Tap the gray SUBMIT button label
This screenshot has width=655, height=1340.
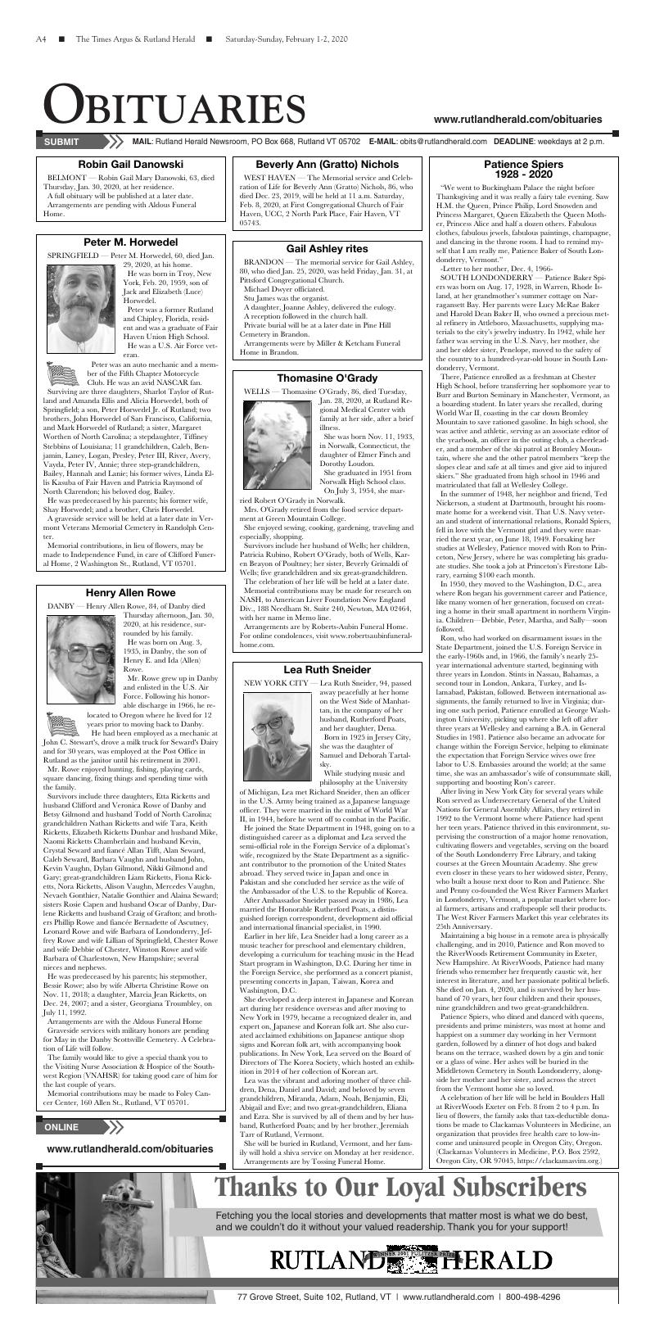[x=61, y=142]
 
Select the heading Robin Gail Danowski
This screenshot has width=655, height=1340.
[x=131, y=165]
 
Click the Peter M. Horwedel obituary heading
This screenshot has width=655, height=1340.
[x=131, y=242]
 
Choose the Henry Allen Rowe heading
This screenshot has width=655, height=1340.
[x=131, y=592]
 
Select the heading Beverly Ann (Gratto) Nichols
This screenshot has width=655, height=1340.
[x=327, y=165]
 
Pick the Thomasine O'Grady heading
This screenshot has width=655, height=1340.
[x=327, y=378]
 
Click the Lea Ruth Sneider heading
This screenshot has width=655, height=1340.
[x=327, y=669]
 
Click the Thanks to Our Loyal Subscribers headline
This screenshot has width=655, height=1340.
[x=400, y=1187]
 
